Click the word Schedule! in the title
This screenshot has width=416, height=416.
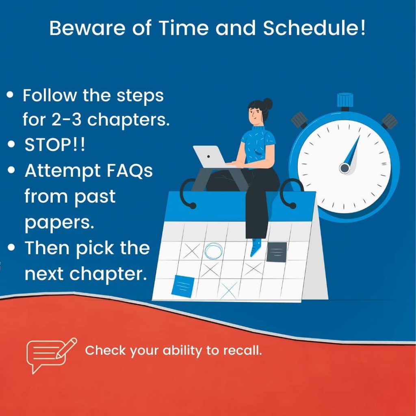click(314, 28)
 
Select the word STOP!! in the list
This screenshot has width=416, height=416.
click(55, 145)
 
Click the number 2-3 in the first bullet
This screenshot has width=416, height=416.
click(66, 120)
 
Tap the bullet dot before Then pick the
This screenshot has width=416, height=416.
click(11, 247)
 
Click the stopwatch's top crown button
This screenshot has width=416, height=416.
click(345, 101)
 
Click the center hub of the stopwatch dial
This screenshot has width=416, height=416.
click(344, 168)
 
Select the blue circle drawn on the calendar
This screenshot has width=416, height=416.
click(214, 251)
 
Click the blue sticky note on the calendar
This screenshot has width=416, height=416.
click(182, 286)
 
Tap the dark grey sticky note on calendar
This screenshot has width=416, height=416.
click(277, 252)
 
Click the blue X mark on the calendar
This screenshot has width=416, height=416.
click(229, 290)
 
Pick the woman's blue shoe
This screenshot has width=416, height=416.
click(256, 247)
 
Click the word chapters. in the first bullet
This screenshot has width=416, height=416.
click(128, 120)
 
